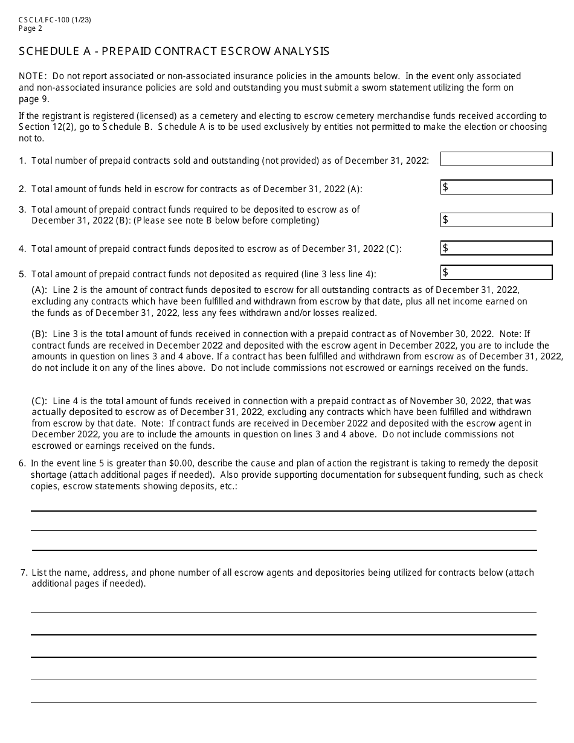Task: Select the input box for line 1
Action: (x=496, y=159)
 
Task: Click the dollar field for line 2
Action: (x=496, y=187)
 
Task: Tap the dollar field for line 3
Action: (x=496, y=220)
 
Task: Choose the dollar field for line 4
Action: (x=496, y=248)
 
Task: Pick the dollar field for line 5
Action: (x=496, y=272)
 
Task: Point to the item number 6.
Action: (x=22, y=464)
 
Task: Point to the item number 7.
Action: (x=22, y=573)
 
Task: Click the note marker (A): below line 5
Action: (x=39, y=290)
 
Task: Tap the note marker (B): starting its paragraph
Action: (x=39, y=334)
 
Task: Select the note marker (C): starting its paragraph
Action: (x=39, y=401)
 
